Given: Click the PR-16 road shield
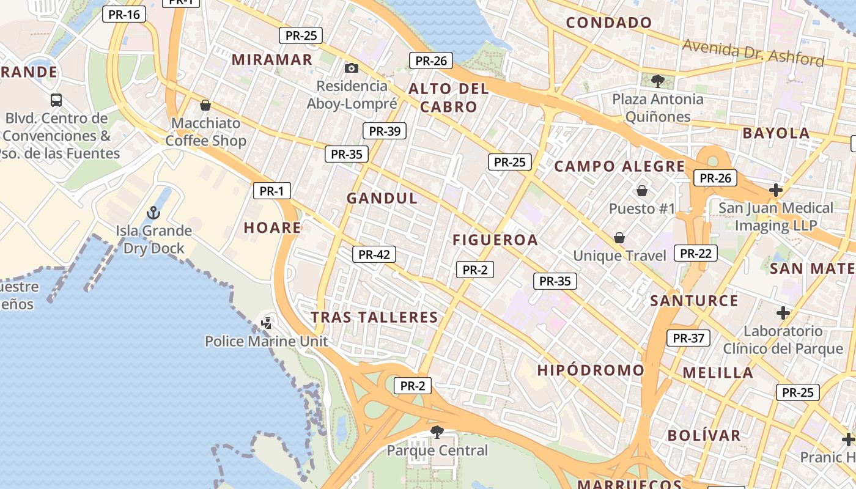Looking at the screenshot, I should click(x=124, y=14).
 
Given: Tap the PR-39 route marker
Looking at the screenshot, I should click(x=385, y=131).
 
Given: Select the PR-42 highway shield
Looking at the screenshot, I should click(x=374, y=254).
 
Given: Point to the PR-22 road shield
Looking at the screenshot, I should click(x=696, y=253).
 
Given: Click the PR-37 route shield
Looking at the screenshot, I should click(x=688, y=338).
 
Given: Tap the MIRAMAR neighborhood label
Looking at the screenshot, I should click(x=272, y=60).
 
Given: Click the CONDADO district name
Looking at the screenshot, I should click(x=609, y=23).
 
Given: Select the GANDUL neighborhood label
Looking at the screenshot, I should click(x=382, y=198).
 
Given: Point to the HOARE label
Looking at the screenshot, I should click(x=273, y=228).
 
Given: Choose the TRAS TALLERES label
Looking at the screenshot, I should click(x=375, y=317).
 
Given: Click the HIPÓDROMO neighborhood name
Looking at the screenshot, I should click(x=591, y=370).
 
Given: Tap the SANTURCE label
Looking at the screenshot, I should click(x=694, y=301).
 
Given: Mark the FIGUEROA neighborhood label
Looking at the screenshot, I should click(x=495, y=240).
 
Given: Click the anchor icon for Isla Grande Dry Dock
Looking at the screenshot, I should click(x=153, y=213).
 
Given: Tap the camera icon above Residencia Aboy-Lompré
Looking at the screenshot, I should click(x=352, y=68).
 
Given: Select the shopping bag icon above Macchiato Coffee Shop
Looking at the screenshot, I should click(x=205, y=105).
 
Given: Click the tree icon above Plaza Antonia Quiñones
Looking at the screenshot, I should click(x=658, y=80).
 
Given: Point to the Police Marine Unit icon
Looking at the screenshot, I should click(x=267, y=322).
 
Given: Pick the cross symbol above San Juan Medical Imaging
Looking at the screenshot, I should click(x=776, y=190).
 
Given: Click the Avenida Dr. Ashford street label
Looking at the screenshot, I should click(x=753, y=53).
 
